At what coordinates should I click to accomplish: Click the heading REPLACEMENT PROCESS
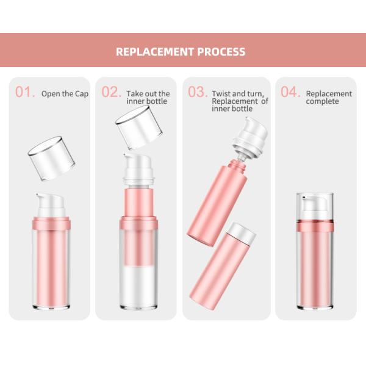tap(181, 51)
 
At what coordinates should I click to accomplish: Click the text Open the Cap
tap(65, 94)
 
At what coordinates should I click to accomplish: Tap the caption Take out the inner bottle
tap(148, 98)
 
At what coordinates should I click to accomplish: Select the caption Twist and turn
tap(238, 94)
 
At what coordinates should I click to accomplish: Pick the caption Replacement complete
tap(329, 98)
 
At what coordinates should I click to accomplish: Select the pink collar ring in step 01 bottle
tap(51, 224)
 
